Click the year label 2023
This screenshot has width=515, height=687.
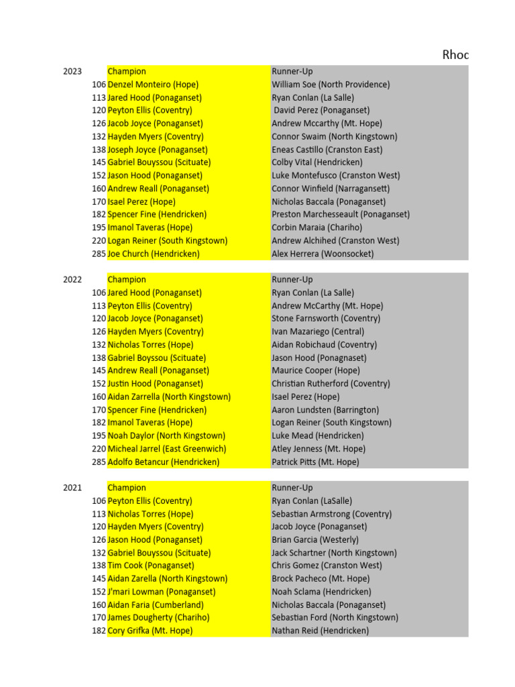pos(72,72)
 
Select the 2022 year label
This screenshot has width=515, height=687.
pos(72,280)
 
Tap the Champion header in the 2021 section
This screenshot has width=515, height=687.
pos(127,488)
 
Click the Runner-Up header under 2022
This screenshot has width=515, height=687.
pos(292,280)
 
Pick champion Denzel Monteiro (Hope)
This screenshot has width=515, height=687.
pos(153,85)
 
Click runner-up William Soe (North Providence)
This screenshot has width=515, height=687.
pos(331,85)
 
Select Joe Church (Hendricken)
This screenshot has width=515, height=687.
pos(154,254)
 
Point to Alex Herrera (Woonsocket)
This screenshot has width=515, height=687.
pos(323,254)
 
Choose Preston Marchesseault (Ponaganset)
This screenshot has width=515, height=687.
pos(341,215)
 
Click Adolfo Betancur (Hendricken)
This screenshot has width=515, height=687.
pos(163,462)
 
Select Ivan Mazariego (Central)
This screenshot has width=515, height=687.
pos(318,331)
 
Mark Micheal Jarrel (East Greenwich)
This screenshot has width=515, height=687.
pos(167,449)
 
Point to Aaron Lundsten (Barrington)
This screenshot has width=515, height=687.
pos(325,410)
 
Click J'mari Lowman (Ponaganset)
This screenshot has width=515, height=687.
pos(162,592)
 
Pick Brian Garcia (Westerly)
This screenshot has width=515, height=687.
pos(315,539)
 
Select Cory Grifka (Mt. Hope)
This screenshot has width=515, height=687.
pos(150,631)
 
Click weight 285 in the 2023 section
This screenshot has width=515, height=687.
pos(99,254)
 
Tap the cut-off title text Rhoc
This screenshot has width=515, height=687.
pos(455,55)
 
